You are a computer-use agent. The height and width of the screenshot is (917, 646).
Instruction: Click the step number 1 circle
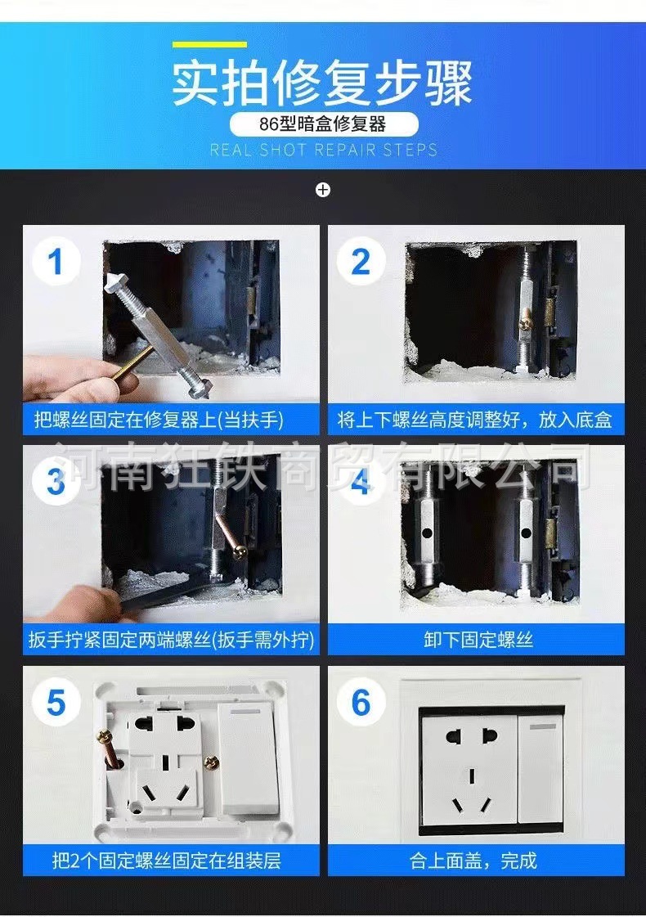pos(56,262)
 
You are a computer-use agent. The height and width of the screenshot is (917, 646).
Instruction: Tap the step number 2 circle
pos(361,262)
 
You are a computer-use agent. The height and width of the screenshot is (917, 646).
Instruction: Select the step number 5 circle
pos(56,703)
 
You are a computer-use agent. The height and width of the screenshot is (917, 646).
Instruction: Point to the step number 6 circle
pos(361,703)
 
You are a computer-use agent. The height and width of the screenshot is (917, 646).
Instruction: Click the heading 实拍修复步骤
pos(322,83)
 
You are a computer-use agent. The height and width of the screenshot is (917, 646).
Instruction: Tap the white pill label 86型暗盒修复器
pos(323,124)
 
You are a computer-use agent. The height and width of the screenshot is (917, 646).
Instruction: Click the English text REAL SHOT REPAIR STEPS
pos(323,151)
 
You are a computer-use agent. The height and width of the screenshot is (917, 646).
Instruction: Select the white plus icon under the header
pos(323,190)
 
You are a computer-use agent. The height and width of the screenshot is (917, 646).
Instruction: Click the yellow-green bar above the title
pos(209,44)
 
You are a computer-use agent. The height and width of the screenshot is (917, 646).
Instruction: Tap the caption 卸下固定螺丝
pos(478,640)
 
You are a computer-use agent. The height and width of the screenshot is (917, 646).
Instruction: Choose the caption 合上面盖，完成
pos(473,861)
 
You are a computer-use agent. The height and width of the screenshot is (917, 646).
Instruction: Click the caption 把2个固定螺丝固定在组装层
pos(167,861)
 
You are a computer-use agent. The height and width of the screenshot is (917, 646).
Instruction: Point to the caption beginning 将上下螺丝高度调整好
pos(474,420)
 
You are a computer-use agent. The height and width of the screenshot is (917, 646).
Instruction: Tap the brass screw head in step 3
pos(240,551)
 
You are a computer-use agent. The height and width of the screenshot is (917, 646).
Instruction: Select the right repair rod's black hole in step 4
pos(526,533)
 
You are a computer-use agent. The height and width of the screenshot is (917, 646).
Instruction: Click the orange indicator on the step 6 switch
pos(543,727)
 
